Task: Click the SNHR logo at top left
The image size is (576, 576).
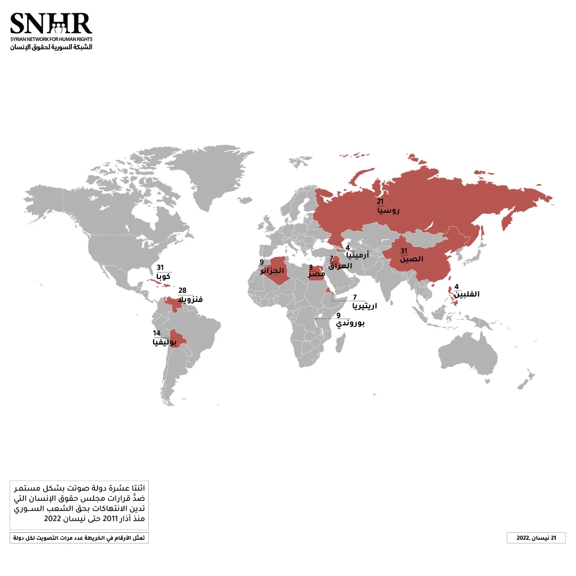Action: [51, 30]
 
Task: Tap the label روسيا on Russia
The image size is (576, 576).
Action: [388, 211]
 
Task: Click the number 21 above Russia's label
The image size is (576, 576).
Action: [380, 202]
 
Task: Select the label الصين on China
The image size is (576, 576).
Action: [411, 259]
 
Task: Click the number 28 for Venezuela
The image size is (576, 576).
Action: [182, 290]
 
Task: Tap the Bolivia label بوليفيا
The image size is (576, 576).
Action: [165, 342]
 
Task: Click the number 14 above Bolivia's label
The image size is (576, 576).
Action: [156, 333]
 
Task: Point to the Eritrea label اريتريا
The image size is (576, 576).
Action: [365, 306]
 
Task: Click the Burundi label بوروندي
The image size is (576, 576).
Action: [350, 323]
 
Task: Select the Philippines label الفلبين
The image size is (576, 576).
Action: [467, 294]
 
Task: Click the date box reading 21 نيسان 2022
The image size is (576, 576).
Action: [535, 538]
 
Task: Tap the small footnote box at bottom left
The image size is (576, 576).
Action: [79, 538]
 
